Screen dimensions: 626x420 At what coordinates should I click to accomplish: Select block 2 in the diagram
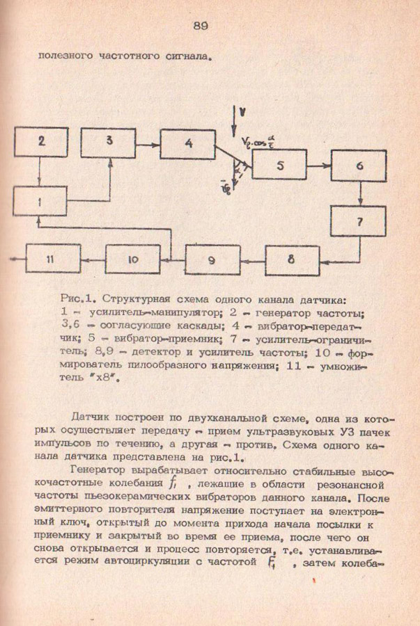[41, 143]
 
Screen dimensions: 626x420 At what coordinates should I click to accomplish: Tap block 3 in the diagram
[109, 143]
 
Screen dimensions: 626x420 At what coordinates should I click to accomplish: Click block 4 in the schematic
[187, 144]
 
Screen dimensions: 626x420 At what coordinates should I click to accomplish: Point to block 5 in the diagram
[279, 166]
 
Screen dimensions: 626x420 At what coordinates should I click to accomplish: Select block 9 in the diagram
[212, 260]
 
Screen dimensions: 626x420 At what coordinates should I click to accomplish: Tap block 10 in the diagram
[132, 260]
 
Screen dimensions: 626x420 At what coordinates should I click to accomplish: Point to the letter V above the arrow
[240, 111]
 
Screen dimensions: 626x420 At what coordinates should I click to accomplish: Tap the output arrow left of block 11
[19, 259]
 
